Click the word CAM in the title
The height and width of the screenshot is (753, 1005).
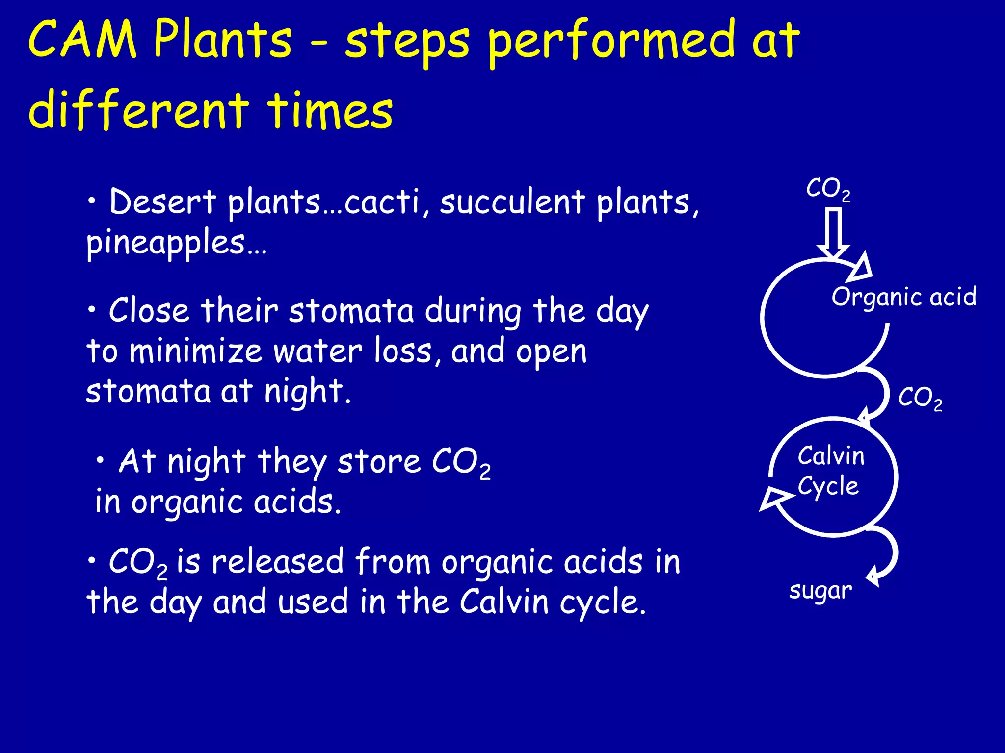point(82,39)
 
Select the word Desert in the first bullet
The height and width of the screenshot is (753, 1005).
point(162,202)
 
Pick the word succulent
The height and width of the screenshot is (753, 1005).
point(512,202)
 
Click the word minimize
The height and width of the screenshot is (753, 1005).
point(195,351)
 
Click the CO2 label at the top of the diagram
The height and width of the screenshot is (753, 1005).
point(828,189)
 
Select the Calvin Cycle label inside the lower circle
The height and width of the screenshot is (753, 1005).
point(830,471)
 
